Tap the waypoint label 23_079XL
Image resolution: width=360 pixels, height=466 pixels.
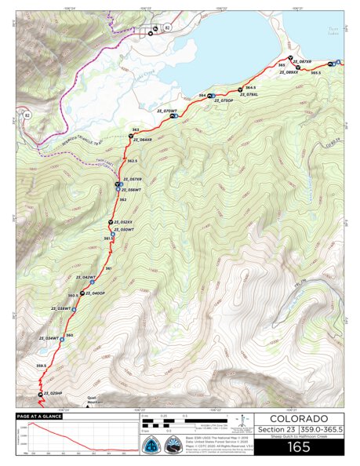point(248,94)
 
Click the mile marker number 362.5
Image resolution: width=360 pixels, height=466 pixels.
point(133,160)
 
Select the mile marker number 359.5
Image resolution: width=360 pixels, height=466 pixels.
point(42,366)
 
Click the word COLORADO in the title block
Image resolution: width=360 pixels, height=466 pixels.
point(294,417)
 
